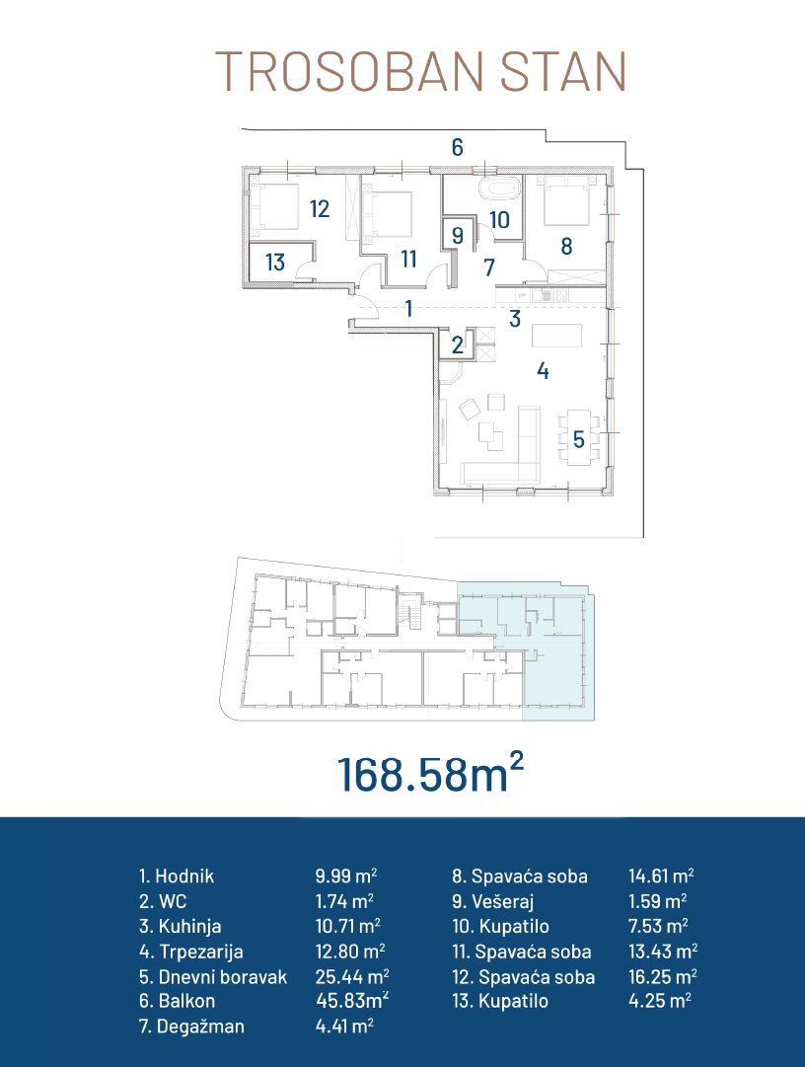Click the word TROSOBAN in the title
(x=349, y=71)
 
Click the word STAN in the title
(x=563, y=71)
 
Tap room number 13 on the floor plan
(x=274, y=262)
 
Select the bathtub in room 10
(x=500, y=189)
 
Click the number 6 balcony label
(x=458, y=147)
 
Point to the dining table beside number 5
(x=578, y=437)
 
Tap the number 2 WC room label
(x=458, y=345)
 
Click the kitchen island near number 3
(x=556, y=337)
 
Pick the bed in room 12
(x=274, y=206)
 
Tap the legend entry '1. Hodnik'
(x=177, y=876)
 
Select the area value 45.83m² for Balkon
(x=352, y=1000)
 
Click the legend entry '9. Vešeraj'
(x=493, y=901)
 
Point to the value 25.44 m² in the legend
(x=352, y=976)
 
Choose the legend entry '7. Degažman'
(x=191, y=1027)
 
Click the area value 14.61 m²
(x=661, y=876)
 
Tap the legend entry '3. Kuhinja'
(x=181, y=926)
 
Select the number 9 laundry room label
(x=458, y=236)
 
